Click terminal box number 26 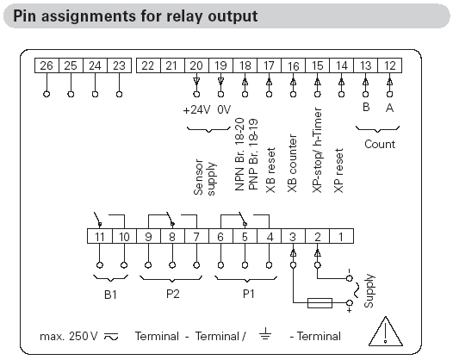(47, 65)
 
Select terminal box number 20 (196, 65)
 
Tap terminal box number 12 (390, 65)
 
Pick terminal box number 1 (341, 236)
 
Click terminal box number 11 (100, 236)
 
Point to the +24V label (196, 110)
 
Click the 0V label (224, 109)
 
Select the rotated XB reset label (270, 171)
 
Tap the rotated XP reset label (338, 171)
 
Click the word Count (380, 144)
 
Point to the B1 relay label (110, 295)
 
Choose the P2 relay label (173, 294)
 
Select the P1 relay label (248, 294)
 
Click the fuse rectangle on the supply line (320, 303)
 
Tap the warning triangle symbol (386, 332)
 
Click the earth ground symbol (265, 333)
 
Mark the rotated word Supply (369, 291)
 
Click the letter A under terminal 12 (390, 108)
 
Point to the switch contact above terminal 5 (242, 219)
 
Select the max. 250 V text (69, 336)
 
